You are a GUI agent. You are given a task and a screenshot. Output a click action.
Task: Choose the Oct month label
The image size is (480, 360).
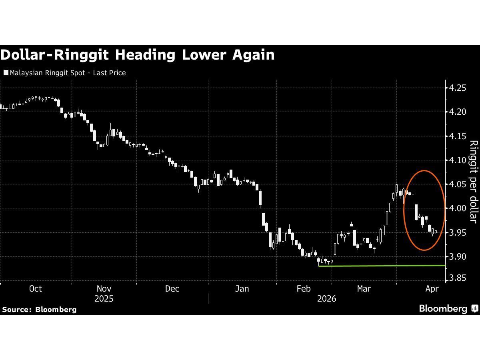(36, 289)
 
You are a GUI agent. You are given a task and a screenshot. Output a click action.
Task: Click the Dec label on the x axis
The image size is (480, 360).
(172, 289)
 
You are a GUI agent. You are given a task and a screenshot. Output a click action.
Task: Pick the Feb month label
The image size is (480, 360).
(304, 289)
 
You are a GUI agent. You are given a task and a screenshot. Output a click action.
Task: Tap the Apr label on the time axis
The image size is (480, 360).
(432, 289)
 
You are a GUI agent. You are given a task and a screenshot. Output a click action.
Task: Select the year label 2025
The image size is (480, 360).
(104, 299)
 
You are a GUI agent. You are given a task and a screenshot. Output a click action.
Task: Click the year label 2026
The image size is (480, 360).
(326, 299)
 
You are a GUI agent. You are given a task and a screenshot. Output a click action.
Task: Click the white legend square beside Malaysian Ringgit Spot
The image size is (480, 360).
(6, 73)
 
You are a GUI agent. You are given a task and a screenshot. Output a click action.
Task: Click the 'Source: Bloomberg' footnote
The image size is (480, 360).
(39, 309)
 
